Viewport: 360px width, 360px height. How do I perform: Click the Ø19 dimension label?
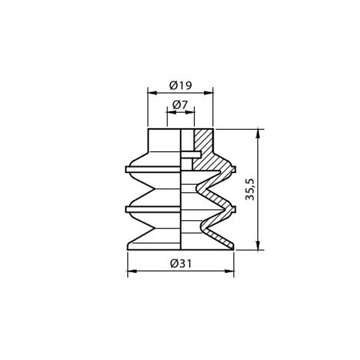point(181,85)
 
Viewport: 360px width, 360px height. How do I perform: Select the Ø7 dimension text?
point(180,104)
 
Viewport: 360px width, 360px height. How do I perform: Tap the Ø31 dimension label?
point(181,263)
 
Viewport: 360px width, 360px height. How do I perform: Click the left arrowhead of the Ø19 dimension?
point(151,92)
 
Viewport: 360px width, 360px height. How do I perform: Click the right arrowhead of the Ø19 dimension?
point(210,92)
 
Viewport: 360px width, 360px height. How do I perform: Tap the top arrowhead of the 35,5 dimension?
point(258,132)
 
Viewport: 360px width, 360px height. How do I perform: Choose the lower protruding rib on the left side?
point(127,209)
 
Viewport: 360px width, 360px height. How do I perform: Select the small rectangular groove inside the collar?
point(188,154)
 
